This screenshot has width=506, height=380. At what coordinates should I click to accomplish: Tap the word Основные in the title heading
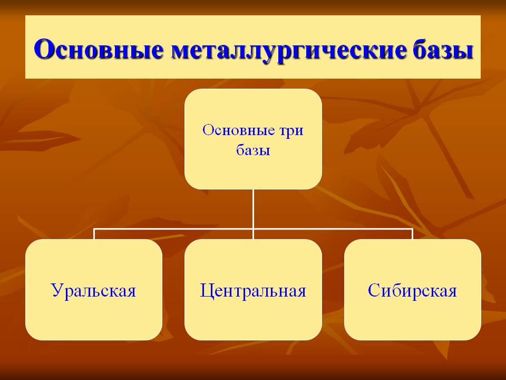(99, 49)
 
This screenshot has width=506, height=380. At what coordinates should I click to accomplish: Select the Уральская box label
(94, 290)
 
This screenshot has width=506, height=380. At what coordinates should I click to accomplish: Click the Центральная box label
(253, 290)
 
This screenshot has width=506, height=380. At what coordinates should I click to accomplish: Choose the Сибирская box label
(412, 290)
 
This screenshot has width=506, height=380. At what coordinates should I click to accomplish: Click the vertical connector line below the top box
(254, 209)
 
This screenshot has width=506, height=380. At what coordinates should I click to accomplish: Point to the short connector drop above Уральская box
(94, 234)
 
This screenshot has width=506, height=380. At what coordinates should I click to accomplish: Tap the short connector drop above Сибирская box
(412, 234)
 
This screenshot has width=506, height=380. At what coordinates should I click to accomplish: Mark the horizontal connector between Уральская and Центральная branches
(173, 229)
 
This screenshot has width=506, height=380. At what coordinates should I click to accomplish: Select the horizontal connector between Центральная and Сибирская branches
(333, 229)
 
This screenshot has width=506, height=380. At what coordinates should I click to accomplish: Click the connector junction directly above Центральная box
(254, 229)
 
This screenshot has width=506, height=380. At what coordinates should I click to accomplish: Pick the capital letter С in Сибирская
(374, 290)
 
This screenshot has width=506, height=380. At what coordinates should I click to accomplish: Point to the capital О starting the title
(43, 49)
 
